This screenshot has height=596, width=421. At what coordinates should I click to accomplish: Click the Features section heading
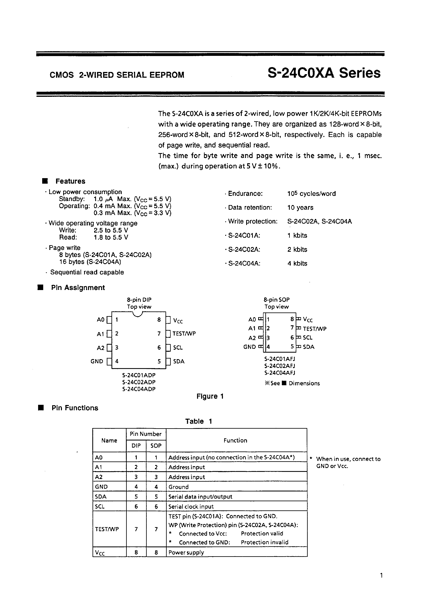(70, 181)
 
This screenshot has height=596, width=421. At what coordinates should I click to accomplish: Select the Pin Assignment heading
(78, 288)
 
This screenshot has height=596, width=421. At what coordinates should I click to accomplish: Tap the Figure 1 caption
(210, 396)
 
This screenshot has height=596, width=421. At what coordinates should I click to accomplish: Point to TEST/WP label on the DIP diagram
(184, 333)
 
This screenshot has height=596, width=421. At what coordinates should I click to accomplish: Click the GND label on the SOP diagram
(249, 347)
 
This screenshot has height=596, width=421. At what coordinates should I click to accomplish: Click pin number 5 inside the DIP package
(159, 361)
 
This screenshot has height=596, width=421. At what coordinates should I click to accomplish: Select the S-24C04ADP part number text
(139, 389)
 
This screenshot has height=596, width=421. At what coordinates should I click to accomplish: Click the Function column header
(235, 440)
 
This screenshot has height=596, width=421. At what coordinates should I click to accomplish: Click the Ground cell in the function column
(178, 487)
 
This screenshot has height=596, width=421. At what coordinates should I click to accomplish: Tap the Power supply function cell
(186, 552)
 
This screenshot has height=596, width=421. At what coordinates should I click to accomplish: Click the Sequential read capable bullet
(87, 272)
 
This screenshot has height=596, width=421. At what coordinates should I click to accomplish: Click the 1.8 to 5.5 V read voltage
(111, 237)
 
